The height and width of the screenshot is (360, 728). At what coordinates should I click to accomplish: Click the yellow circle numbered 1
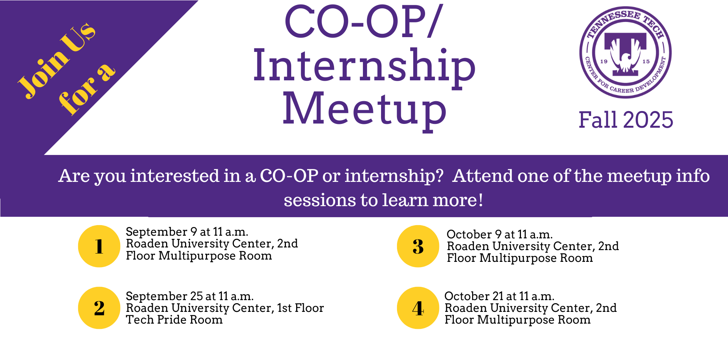(x=99, y=246)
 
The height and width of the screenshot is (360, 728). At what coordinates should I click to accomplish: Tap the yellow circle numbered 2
(x=99, y=308)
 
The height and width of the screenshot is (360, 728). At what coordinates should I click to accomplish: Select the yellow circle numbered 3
(x=418, y=246)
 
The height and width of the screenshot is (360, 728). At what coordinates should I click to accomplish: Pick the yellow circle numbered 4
(x=418, y=308)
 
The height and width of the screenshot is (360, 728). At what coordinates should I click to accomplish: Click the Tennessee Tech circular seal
(x=625, y=52)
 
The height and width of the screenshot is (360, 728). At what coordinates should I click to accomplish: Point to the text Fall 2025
(x=626, y=120)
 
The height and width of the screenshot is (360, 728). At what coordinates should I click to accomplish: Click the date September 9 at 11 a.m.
(x=187, y=232)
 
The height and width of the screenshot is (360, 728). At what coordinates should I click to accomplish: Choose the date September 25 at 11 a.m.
(x=190, y=296)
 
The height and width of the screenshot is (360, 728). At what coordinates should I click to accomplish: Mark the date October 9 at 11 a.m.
(x=500, y=234)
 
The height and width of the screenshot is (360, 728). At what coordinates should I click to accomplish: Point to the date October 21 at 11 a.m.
(x=499, y=296)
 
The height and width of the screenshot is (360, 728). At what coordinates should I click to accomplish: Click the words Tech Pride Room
(x=174, y=320)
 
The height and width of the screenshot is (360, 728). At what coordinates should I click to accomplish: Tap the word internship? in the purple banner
(x=394, y=176)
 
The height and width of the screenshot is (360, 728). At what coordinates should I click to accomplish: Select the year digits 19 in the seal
(x=604, y=61)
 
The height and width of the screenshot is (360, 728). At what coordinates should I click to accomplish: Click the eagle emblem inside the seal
(x=625, y=57)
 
